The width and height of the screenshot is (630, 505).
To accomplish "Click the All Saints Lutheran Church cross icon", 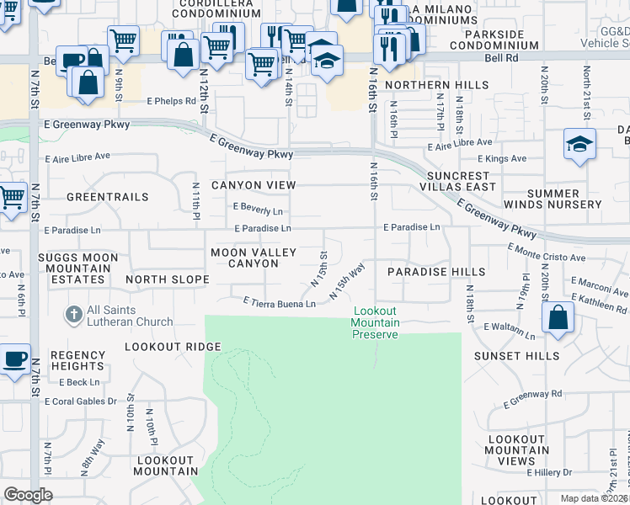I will point(74,315).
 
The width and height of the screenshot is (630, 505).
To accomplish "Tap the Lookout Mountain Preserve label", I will point(374,322).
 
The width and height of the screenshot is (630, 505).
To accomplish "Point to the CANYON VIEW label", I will point(254,185).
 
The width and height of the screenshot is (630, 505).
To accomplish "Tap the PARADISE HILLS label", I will point(436,272).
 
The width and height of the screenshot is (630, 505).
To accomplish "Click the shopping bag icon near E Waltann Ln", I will point(558,317).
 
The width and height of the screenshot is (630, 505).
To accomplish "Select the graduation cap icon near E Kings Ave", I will point(579,143).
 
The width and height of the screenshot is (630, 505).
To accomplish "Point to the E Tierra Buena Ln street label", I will point(279,302).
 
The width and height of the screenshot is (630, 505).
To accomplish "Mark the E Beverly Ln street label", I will point(258,210).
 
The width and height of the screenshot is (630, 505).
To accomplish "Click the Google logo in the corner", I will point(28,495).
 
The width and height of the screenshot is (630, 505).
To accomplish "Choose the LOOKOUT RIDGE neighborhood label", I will point(173,347).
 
